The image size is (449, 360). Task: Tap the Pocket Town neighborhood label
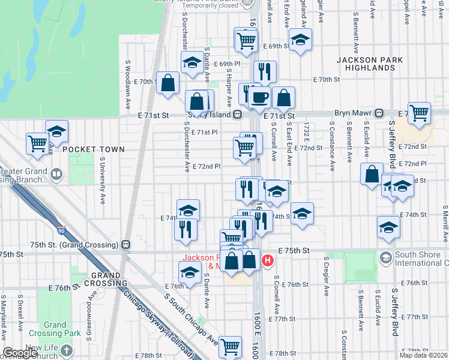tap(93, 149)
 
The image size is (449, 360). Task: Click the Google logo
tap(20, 353)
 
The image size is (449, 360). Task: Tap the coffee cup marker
tap(260, 97)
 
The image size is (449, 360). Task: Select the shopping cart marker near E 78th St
tap(231, 346)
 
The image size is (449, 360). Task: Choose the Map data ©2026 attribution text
tap(424, 355)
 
